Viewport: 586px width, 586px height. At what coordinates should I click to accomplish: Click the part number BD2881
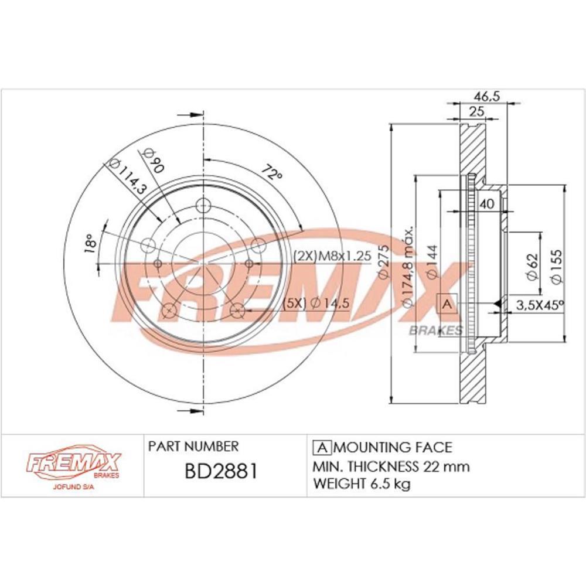click(x=222, y=472)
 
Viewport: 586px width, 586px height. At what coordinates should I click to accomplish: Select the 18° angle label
click(x=90, y=244)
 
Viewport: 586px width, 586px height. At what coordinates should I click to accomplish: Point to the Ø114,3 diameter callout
click(x=127, y=176)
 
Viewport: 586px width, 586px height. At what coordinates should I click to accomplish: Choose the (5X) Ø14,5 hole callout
click(x=316, y=303)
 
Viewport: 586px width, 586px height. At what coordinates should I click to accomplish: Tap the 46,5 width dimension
click(x=486, y=96)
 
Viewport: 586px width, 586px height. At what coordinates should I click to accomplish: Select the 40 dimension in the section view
click(x=486, y=204)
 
